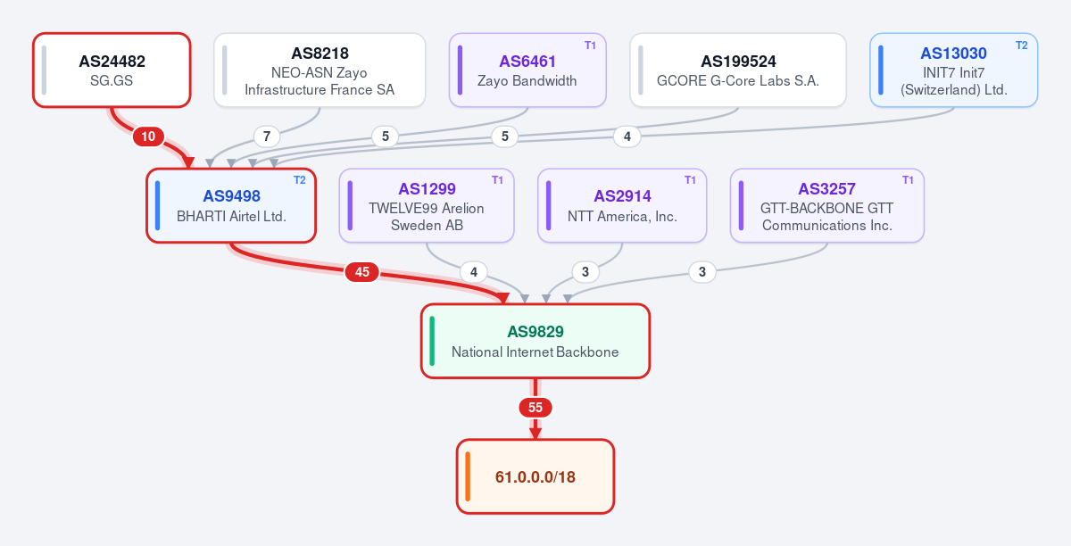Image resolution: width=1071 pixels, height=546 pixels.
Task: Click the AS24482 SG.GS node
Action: pyautogui.click(x=112, y=70)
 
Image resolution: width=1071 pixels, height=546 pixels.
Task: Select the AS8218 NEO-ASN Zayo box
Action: pyautogui.click(x=320, y=70)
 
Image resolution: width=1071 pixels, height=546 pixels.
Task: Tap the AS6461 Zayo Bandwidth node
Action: pyautogui.click(x=527, y=70)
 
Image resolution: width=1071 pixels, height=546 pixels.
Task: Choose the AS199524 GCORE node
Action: pyautogui.click(x=738, y=70)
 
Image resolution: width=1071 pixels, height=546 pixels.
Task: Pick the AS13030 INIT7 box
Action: pyautogui.click(x=953, y=70)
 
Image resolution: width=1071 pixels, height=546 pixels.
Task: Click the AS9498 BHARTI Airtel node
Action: pyautogui.click(x=231, y=205)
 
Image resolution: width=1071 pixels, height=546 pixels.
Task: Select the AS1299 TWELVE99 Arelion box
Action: pyautogui.click(x=427, y=205)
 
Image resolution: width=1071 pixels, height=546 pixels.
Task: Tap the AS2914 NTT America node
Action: pyautogui.click(x=622, y=205)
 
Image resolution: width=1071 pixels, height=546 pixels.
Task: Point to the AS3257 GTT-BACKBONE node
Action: pyautogui.click(x=826, y=205)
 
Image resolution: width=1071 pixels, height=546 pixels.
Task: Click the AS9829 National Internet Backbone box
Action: pyautogui.click(x=535, y=341)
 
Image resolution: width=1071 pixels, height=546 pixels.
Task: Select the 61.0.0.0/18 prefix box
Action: pyautogui.click(x=535, y=476)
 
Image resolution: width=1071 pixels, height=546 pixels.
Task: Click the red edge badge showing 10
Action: pyautogui.click(x=148, y=136)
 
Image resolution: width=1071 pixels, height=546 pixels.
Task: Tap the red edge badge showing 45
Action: pyautogui.click(x=362, y=272)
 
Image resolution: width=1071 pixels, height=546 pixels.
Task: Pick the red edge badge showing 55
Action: pyautogui.click(x=535, y=408)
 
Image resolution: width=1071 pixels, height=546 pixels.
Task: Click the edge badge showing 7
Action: pyautogui.click(x=267, y=136)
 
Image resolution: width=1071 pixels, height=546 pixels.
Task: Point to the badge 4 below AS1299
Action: pyautogui.click(x=474, y=272)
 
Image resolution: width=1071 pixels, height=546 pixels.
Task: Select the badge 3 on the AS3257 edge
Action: pyautogui.click(x=702, y=272)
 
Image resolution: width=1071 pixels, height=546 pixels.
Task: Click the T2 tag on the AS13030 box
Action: pyautogui.click(x=1021, y=45)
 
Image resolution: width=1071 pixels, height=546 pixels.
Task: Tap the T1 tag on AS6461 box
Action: pyautogui.click(x=590, y=45)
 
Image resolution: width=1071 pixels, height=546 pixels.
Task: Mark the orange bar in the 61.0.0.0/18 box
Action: pyautogui.click(x=468, y=476)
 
